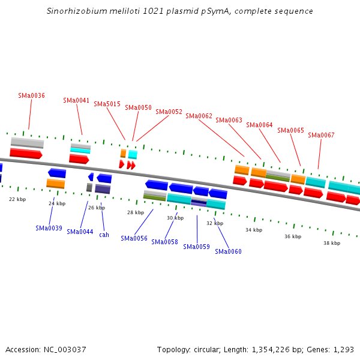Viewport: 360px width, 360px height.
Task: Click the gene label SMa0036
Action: click(31, 95)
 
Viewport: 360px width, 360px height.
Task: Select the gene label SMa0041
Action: click(76, 100)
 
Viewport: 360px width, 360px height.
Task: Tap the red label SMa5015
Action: click(107, 104)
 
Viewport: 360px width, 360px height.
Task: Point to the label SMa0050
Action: click(138, 107)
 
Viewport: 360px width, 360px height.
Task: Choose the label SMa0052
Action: click(169, 112)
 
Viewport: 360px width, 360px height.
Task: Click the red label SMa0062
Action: click(199, 116)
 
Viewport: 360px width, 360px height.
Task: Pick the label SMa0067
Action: click(321, 135)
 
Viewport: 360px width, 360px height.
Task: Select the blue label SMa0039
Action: click(49, 228)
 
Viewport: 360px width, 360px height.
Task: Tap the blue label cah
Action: click(104, 235)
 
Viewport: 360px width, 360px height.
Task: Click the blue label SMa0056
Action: click(134, 238)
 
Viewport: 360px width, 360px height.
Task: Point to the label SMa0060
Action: click(228, 251)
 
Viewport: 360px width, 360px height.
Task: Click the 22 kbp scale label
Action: click(17, 199)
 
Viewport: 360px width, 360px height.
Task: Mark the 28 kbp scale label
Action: click(136, 212)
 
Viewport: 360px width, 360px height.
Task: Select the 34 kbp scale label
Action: click(254, 230)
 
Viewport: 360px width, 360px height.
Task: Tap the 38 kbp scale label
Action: click(332, 243)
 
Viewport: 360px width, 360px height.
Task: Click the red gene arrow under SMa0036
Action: click(26, 154)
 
